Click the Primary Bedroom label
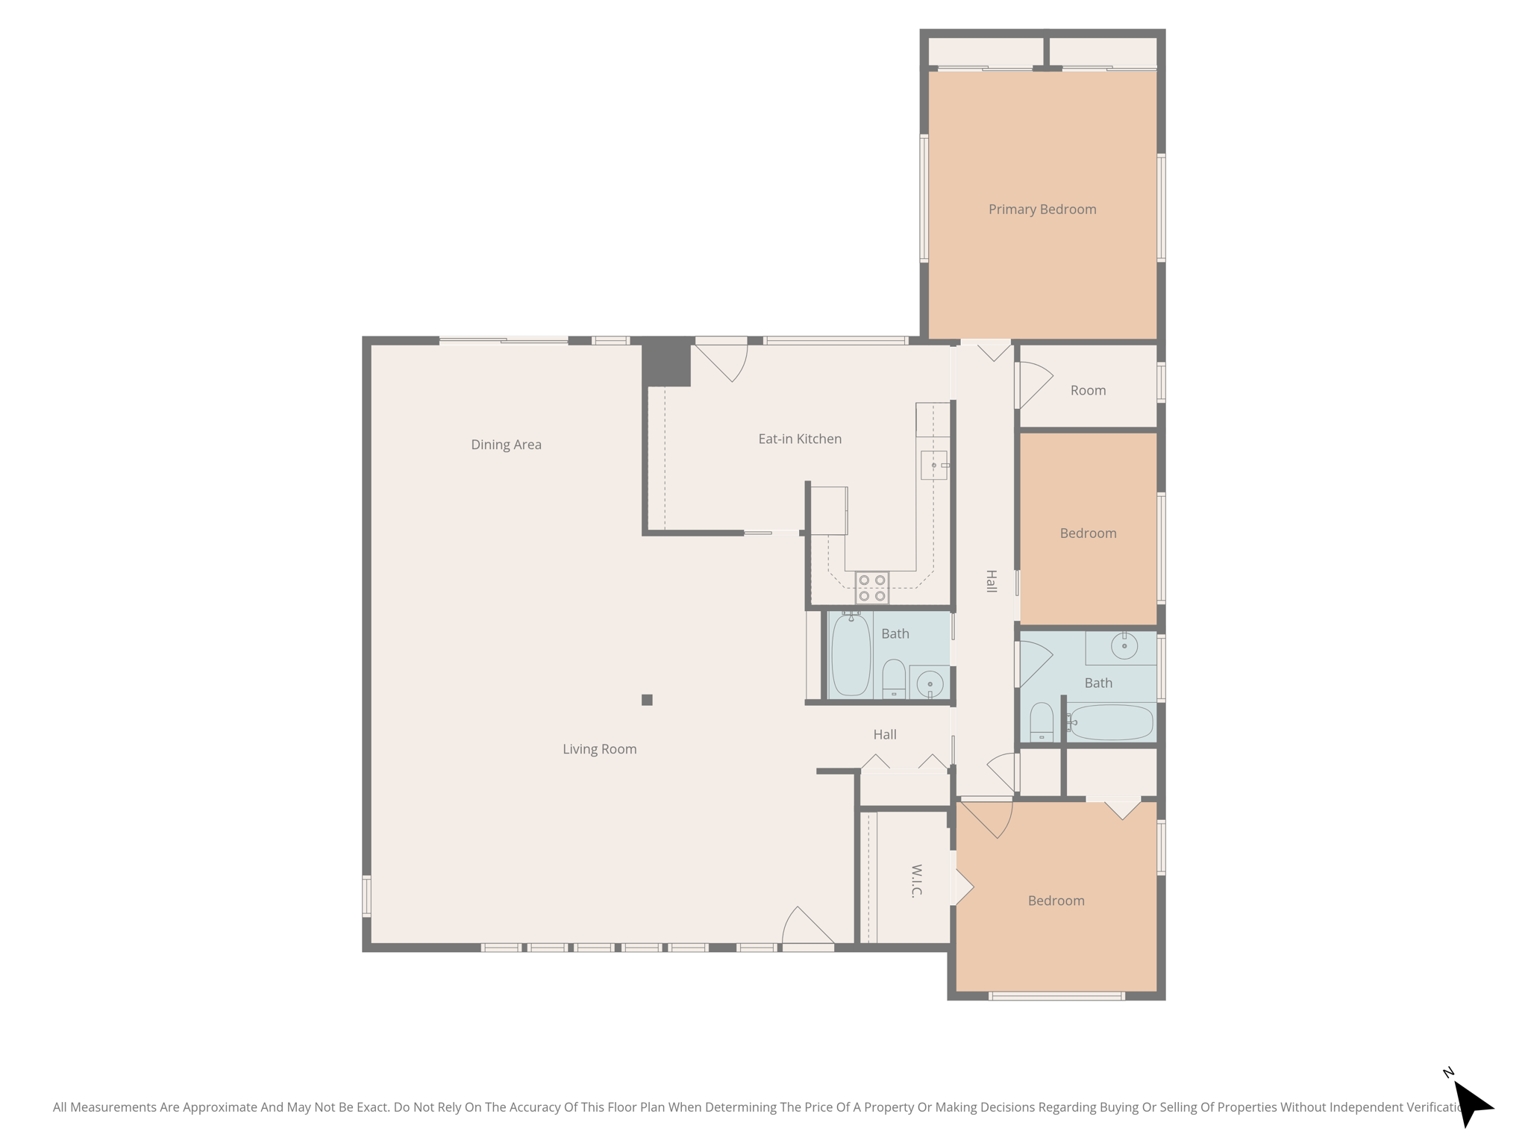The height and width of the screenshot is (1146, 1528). [x=1042, y=210]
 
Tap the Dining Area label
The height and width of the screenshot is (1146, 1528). [x=506, y=445]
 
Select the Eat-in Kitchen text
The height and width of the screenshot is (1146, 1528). [x=800, y=439]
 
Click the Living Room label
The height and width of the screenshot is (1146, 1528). [x=599, y=749]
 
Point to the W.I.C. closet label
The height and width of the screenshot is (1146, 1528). [x=917, y=880]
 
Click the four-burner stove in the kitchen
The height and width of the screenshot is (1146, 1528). [x=871, y=588]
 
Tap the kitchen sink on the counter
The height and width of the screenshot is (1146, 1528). [x=933, y=465]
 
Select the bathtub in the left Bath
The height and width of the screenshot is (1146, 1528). [x=851, y=655]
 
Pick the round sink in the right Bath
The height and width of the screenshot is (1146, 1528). [x=1124, y=645]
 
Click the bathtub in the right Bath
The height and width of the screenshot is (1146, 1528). [x=1112, y=722]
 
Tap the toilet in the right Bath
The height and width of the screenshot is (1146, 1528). [x=1041, y=721]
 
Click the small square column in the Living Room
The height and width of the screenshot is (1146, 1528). [x=647, y=700]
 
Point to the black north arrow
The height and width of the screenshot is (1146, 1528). [x=1471, y=1103]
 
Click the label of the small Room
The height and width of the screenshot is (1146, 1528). [x=1088, y=390]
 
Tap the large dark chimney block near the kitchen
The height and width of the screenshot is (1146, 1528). [x=667, y=362]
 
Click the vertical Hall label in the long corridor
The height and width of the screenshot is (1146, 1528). [x=991, y=581]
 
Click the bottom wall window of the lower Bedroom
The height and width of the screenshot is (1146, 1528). [x=1056, y=996]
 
